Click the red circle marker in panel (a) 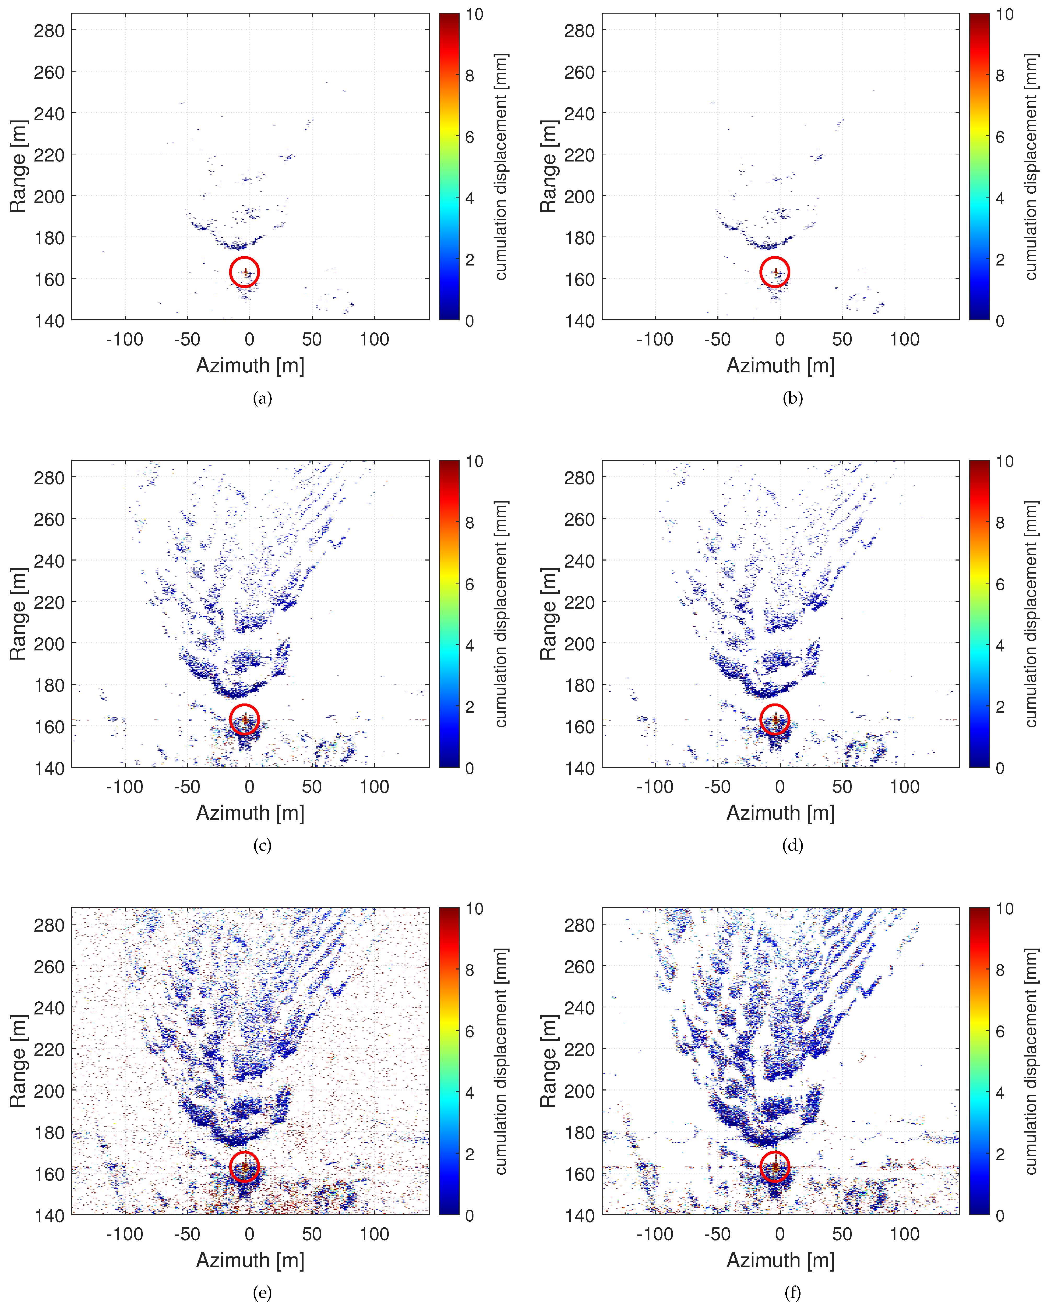pos(244,272)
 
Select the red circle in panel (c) pos(244,719)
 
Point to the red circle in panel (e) pos(244,1167)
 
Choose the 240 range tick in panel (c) pos(49,561)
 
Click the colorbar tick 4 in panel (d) pos(1000,645)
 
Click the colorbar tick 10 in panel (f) pos(1005,909)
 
